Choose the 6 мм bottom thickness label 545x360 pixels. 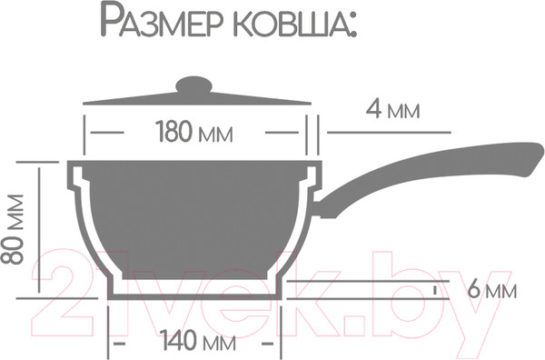click(x=490, y=293)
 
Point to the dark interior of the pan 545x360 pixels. click(x=198, y=218)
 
